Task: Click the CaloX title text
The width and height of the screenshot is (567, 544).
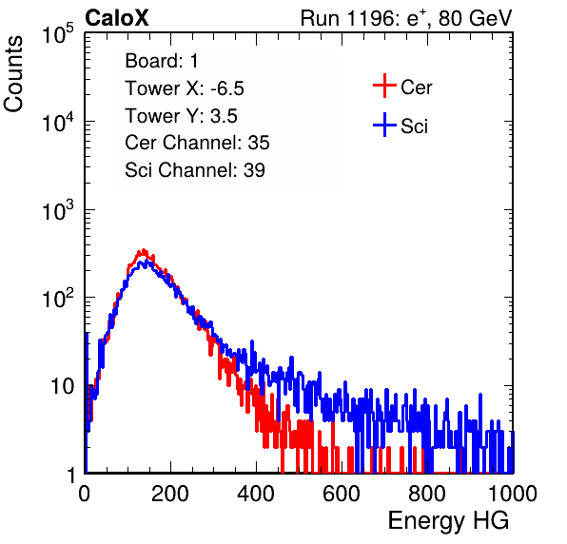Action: [x=116, y=18]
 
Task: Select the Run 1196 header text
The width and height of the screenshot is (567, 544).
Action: [x=406, y=18]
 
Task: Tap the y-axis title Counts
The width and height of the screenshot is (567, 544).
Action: [x=13, y=74]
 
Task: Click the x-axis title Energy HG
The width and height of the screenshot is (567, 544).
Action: [x=448, y=521]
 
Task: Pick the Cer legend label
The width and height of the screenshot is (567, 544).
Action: [x=416, y=87]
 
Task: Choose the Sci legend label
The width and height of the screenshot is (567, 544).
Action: [x=414, y=126]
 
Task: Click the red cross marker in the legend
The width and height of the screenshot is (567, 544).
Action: [x=384, y=86]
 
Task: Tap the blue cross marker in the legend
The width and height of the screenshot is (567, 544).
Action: [x=384, y=125]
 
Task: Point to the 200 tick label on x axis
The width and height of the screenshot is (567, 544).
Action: [x=170, y=494]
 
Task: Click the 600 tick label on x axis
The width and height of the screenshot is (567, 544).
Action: [x=342, y=494]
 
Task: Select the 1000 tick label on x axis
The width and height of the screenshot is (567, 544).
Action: [x=513, y=494]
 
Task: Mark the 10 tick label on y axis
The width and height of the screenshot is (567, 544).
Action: [x=63, y=386]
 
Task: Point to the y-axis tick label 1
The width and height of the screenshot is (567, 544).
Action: [x=71, y=475]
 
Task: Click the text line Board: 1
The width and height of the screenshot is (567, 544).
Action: [x=162, y=61]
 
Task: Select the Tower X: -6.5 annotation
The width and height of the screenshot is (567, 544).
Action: [x=185, y=88]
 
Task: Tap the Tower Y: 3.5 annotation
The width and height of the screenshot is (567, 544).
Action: [x=181, y=116]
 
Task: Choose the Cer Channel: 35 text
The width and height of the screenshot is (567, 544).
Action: [x=197, y=143]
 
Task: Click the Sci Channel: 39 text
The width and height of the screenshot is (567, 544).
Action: [x=195, y=170]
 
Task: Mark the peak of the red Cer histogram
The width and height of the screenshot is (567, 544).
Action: [x=144, y=250]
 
